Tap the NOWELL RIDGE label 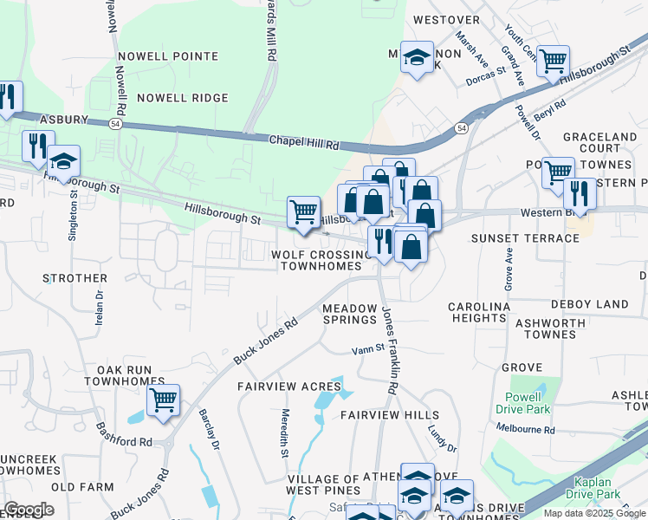coord(182,98)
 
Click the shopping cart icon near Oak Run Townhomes coord(163,400)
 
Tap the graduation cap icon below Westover coord(417,58)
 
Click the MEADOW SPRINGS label coord(350,314)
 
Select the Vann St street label coord(367,350)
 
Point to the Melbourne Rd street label coord(525,429)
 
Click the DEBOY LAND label coord(589,304)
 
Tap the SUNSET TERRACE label coord(525,238)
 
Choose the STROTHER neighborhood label coord(75,278)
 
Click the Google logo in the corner coord(29,509)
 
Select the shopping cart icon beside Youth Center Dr coord(553,62)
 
